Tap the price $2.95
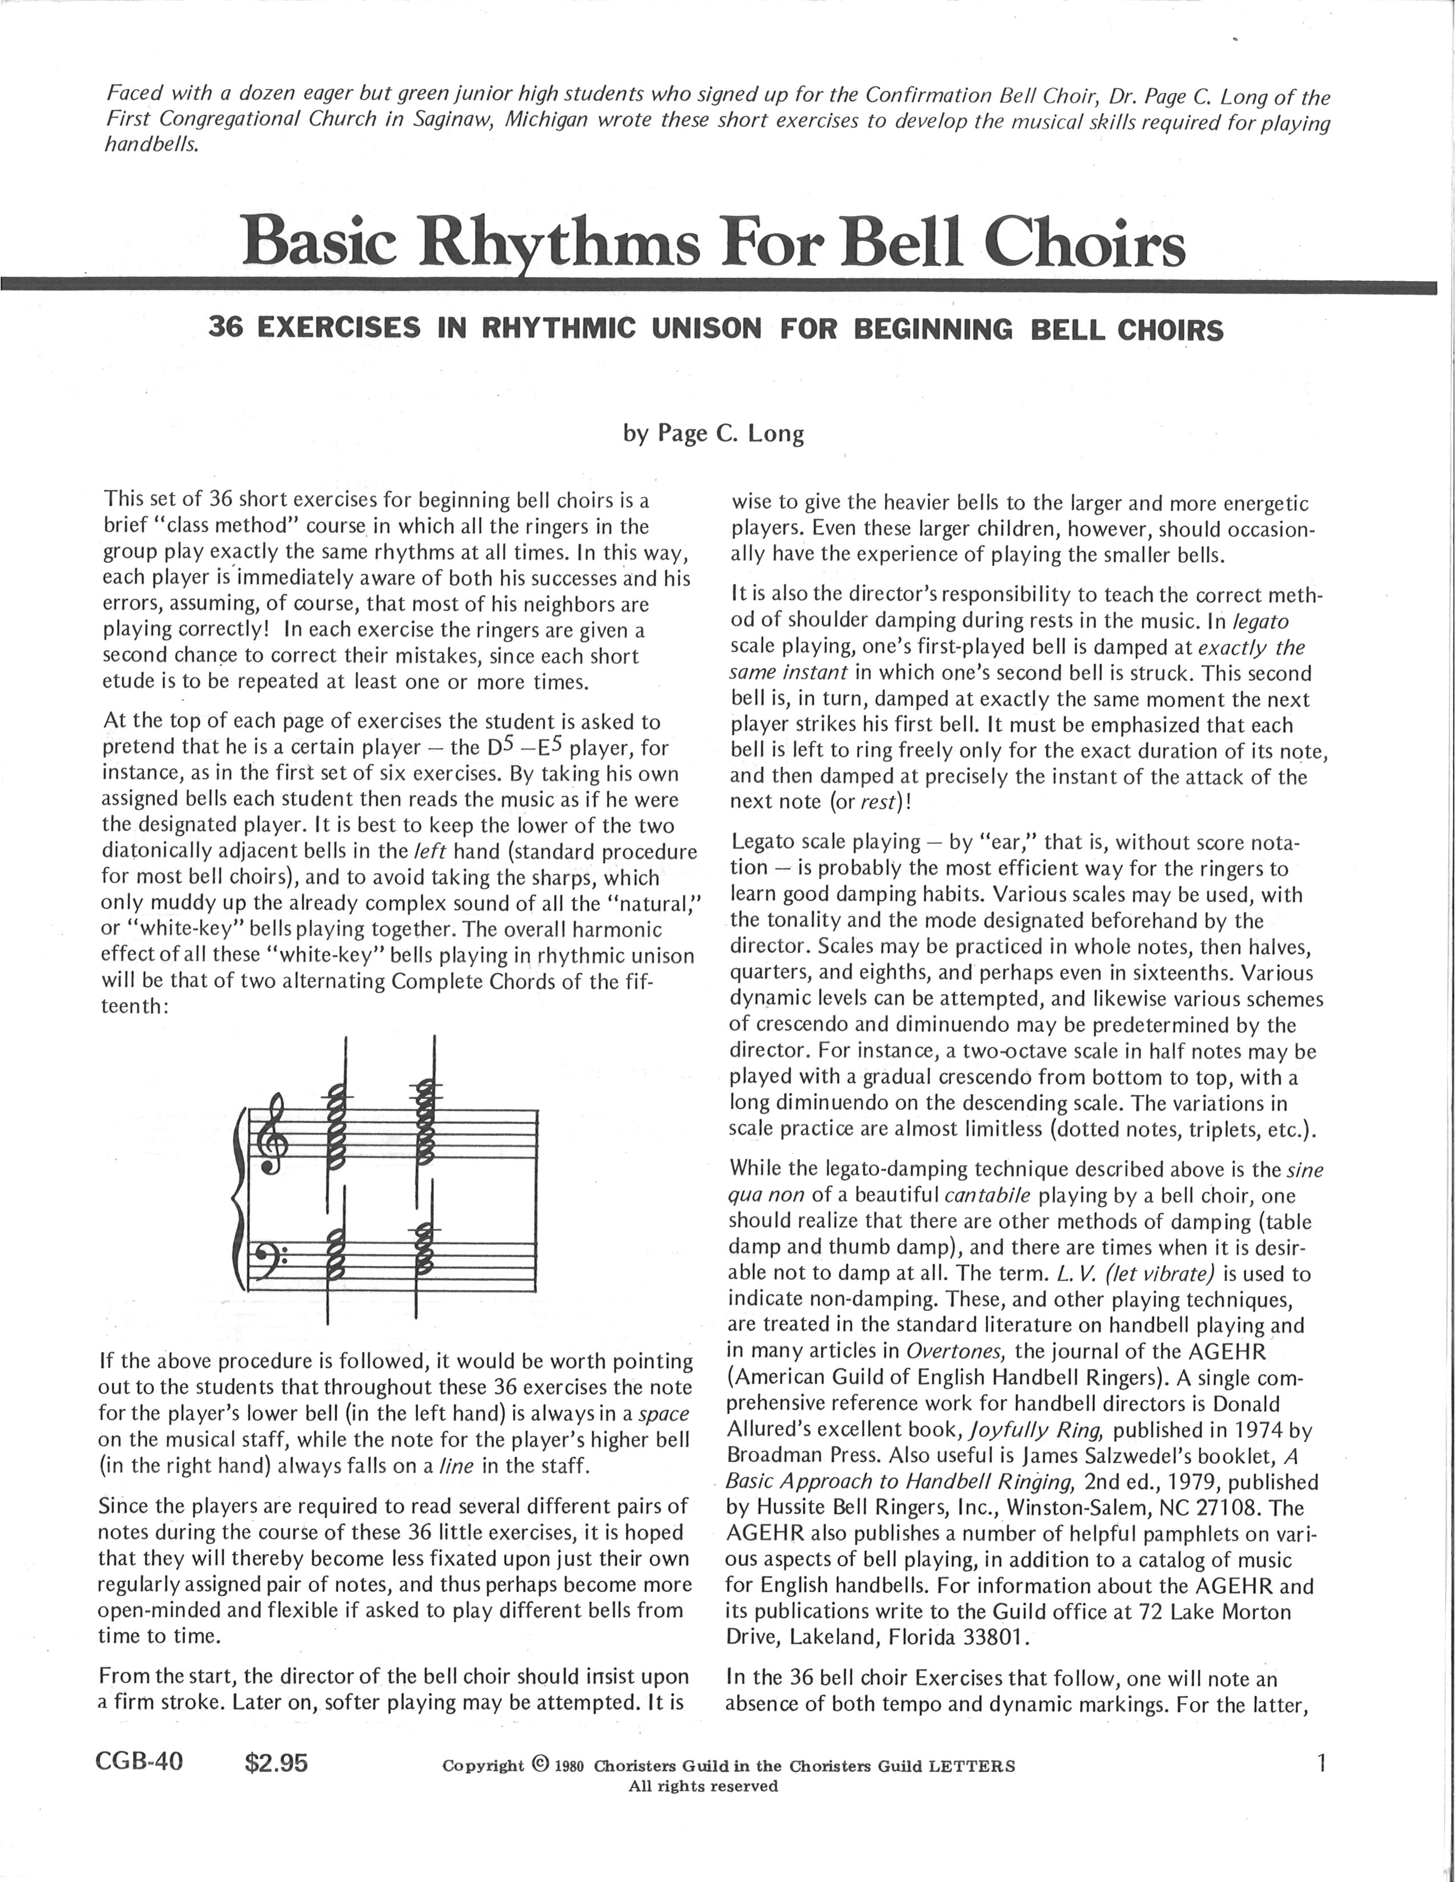click(x=276, y=1763)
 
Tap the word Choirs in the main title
click(x=1084, y=242)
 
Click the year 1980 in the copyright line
click(x=570, y=1766)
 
